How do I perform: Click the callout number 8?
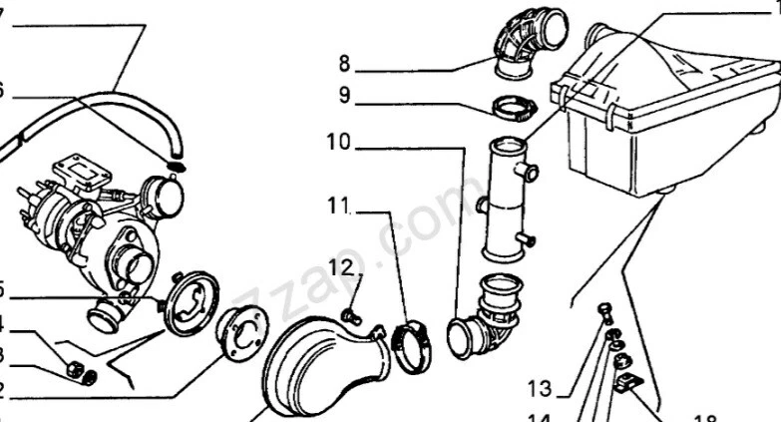point(344,63)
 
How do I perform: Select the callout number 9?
point(344,97)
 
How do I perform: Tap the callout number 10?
point(337,143)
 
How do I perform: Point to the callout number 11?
point(339,208)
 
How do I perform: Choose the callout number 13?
point(540,387)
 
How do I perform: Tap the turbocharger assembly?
point(100,234)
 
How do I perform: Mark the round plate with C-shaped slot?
point(190,304)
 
